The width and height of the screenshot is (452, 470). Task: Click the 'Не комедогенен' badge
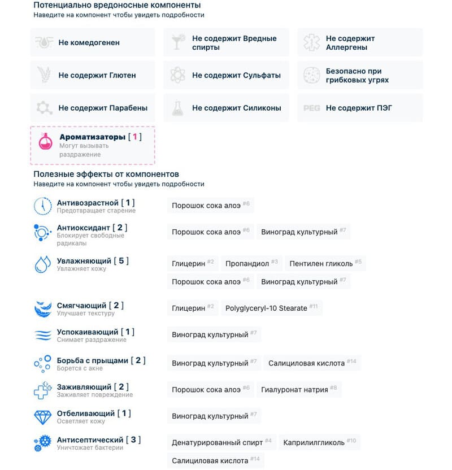(x=92, y=42)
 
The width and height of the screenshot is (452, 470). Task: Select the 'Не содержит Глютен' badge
(x=92, y=75)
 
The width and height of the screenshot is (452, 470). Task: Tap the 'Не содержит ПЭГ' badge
(x=360, y=108)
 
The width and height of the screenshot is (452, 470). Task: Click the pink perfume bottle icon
(x=45, y=141)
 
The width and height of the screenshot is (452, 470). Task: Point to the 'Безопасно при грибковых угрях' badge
(x=360, y=75)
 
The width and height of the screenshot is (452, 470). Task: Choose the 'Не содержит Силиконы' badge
(x=226, y=108)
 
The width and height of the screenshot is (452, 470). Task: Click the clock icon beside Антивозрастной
(x=42, y=206)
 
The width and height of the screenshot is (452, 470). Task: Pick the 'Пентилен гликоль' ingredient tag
(x=325, y=263)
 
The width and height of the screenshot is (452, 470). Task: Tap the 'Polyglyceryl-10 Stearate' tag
(x=271, y=308)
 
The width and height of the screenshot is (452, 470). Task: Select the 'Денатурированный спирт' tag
(x=221, y=442)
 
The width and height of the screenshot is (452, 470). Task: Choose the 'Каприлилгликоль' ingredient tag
(x=319, y=442)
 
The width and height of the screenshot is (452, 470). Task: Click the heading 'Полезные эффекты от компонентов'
(x=106, y=174)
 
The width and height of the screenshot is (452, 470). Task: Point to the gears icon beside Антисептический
(x=42, y=443)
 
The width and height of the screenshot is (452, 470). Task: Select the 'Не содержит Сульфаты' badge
(x=226, y=75)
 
